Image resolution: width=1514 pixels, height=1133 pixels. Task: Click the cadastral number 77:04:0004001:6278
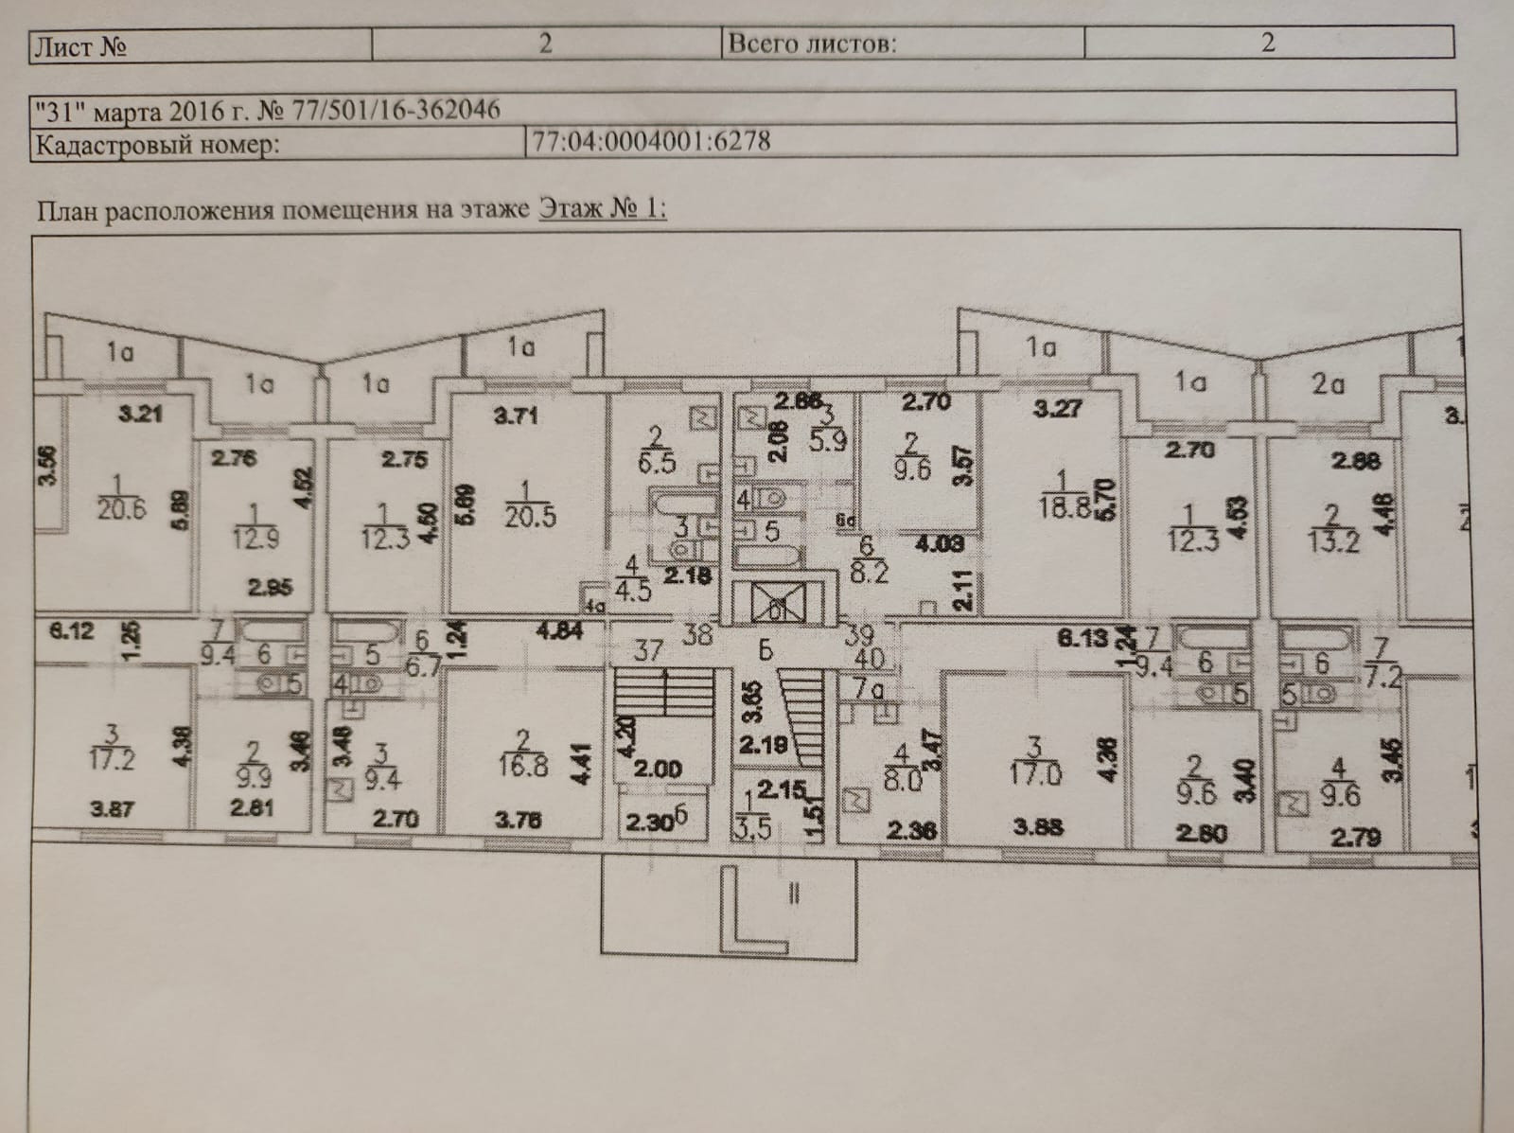(x=651, y=142)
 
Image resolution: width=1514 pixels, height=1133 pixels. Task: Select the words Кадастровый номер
(x=157, y=147)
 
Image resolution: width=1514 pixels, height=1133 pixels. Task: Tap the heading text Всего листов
(x=812, y=44)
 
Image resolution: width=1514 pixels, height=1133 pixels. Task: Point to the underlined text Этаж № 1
(x=602, y=208)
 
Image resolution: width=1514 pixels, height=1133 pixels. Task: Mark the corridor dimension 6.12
(x=72, y=630)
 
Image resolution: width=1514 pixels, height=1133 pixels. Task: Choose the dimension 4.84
(x=558, y=631)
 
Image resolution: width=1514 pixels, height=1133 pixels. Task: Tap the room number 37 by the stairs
(x=648, y=650)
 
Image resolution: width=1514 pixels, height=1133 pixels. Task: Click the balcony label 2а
(x=1328, y=383)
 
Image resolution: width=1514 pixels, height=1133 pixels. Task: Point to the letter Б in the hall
(x=766, y=650)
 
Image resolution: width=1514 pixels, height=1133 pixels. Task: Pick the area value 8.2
(x=869, y=572)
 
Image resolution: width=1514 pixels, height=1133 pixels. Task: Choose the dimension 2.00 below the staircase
(x=658, y=769)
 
